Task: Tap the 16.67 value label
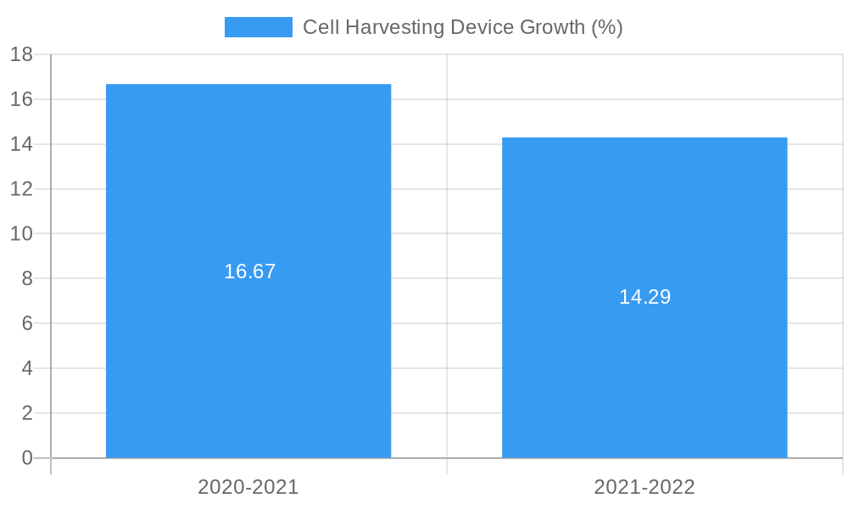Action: coord(250,271)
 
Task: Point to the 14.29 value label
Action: coord(644,297)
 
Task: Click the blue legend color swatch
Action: coord(258,27)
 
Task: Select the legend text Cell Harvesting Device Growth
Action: coord(462,27)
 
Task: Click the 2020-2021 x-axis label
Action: coord(248,487)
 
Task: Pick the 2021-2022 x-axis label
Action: coord(644,487)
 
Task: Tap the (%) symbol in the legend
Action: coord(606,27)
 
